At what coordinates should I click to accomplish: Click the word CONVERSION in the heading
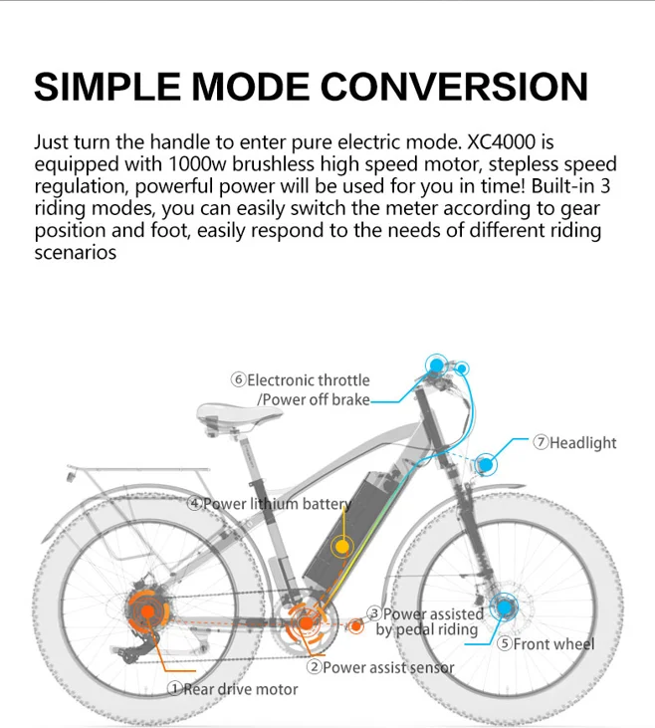pos(454,87)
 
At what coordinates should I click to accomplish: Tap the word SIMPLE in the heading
pos(107,87)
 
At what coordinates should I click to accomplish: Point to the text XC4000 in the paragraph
pos(501,142)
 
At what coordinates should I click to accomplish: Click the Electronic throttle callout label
pos(301,389)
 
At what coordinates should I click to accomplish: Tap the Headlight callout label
pos(574,443)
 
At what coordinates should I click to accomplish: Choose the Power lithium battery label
pos(269,504)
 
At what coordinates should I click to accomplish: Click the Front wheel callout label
pos(546,644)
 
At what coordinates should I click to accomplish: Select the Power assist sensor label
pos(380,667)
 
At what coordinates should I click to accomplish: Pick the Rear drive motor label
pos(233,689)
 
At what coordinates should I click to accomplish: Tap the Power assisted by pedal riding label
pos(426,621)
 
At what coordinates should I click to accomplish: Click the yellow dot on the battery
pos(342,547)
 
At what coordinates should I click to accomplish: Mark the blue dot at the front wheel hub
pos(504,607)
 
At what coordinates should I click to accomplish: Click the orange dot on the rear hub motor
pos(147,611)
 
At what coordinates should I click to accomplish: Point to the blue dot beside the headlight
pos(486,464)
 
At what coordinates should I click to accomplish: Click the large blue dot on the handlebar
pos(436,365)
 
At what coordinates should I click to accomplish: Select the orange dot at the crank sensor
pos(306,623)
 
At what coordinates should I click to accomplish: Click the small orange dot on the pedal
pos(356,626)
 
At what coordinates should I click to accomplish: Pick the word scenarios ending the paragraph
pos(76,253)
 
